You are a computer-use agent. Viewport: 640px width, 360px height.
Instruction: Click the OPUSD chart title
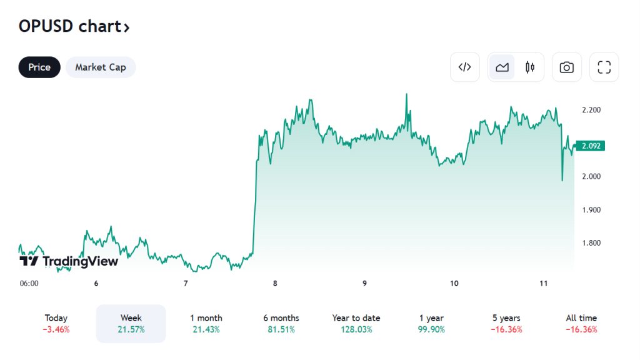click(x=74, y=27)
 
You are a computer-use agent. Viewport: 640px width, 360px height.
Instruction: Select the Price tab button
click(x=39, y=67)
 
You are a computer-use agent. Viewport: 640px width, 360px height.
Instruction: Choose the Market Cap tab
click(x=101, y=67)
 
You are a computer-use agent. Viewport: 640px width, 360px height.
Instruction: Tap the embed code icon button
click(x=465, y=67)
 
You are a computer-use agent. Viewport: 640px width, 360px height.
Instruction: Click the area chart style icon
click(x=502, y=67)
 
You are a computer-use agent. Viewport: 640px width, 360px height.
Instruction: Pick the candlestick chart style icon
click(x=530, y=67)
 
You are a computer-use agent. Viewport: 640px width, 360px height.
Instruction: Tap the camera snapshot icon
click(x=567, y=67)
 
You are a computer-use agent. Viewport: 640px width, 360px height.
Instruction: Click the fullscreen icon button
click(x=604, y=67)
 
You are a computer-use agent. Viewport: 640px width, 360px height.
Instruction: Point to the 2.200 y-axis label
click(x=591, y=110)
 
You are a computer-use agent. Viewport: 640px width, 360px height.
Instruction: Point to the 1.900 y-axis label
click(x=591, y=210)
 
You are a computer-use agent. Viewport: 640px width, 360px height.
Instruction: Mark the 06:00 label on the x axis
click(x=29, y=283)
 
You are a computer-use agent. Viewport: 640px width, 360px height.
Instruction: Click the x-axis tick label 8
click(x=275, y=283)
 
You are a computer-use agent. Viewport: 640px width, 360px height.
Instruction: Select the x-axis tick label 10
click(x=454, y=283)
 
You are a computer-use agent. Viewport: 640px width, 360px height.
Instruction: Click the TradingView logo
click(x=69, y=261)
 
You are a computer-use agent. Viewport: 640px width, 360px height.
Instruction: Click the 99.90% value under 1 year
click(x=431, y=329)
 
